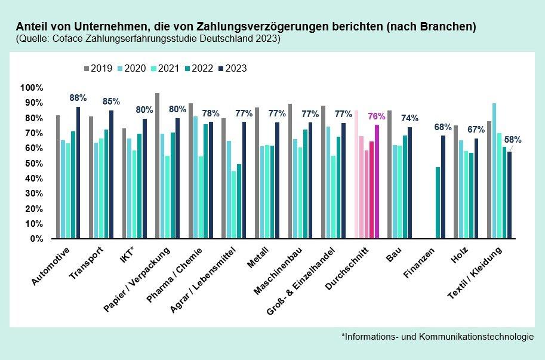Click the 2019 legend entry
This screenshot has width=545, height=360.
[x=99, y=68]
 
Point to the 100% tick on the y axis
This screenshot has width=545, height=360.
[x=32, y=88]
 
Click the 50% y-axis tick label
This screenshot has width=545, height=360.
[x=34, y=163]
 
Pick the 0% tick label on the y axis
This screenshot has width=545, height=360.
[x=36, y=238]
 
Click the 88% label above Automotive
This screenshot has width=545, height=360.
[x=78, y=98]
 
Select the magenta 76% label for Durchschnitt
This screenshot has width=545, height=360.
[x=377, y=116]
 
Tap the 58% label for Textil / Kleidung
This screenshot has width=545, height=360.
[x=513, y=140]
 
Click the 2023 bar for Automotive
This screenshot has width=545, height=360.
[x=78, y=173]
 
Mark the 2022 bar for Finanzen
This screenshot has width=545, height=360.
[x=438, y=202]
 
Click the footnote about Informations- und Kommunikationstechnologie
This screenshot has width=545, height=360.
[x=438, y=337]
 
